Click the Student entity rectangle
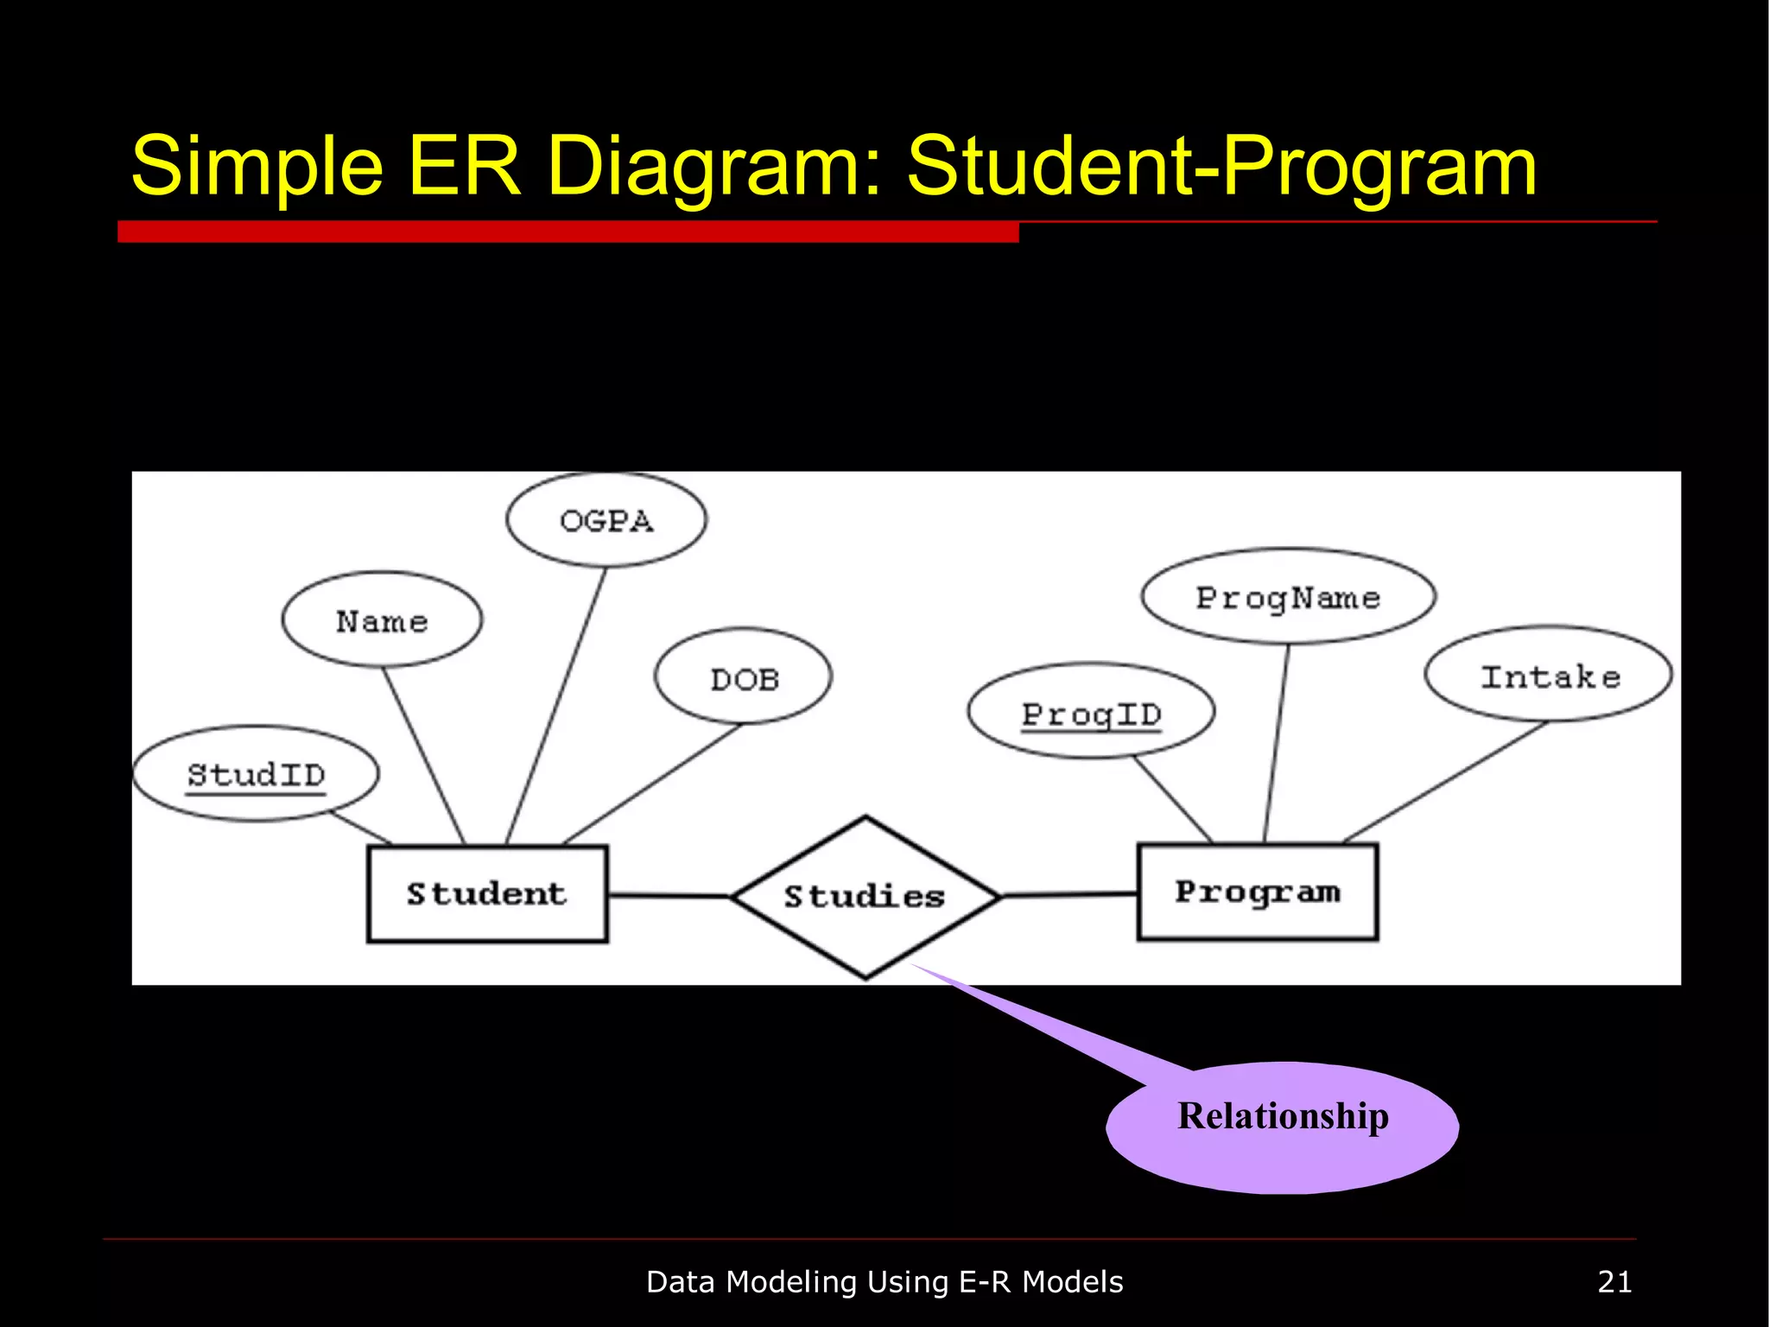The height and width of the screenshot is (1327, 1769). click(487, 893)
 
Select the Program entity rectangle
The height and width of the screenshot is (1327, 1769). click(1258, 892)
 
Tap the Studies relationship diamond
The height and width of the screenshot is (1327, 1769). click(865, 897)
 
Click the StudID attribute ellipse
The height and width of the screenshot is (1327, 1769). click(256, 774)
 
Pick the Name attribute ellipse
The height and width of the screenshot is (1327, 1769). click(382, 620)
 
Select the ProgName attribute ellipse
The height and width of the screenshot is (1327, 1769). click(1288, 597)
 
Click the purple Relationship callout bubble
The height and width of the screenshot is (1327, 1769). click(1283, 1127)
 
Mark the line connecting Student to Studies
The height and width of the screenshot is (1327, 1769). click(669, 896)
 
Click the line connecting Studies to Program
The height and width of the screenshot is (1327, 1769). click(1069, 895)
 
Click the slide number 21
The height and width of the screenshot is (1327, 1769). click(1614, 1282)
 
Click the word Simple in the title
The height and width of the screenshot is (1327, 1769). click(257, 166)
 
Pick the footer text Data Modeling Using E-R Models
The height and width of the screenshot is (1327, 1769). click(884, 1282)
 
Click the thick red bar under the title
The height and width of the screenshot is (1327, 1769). click(567, 232)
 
